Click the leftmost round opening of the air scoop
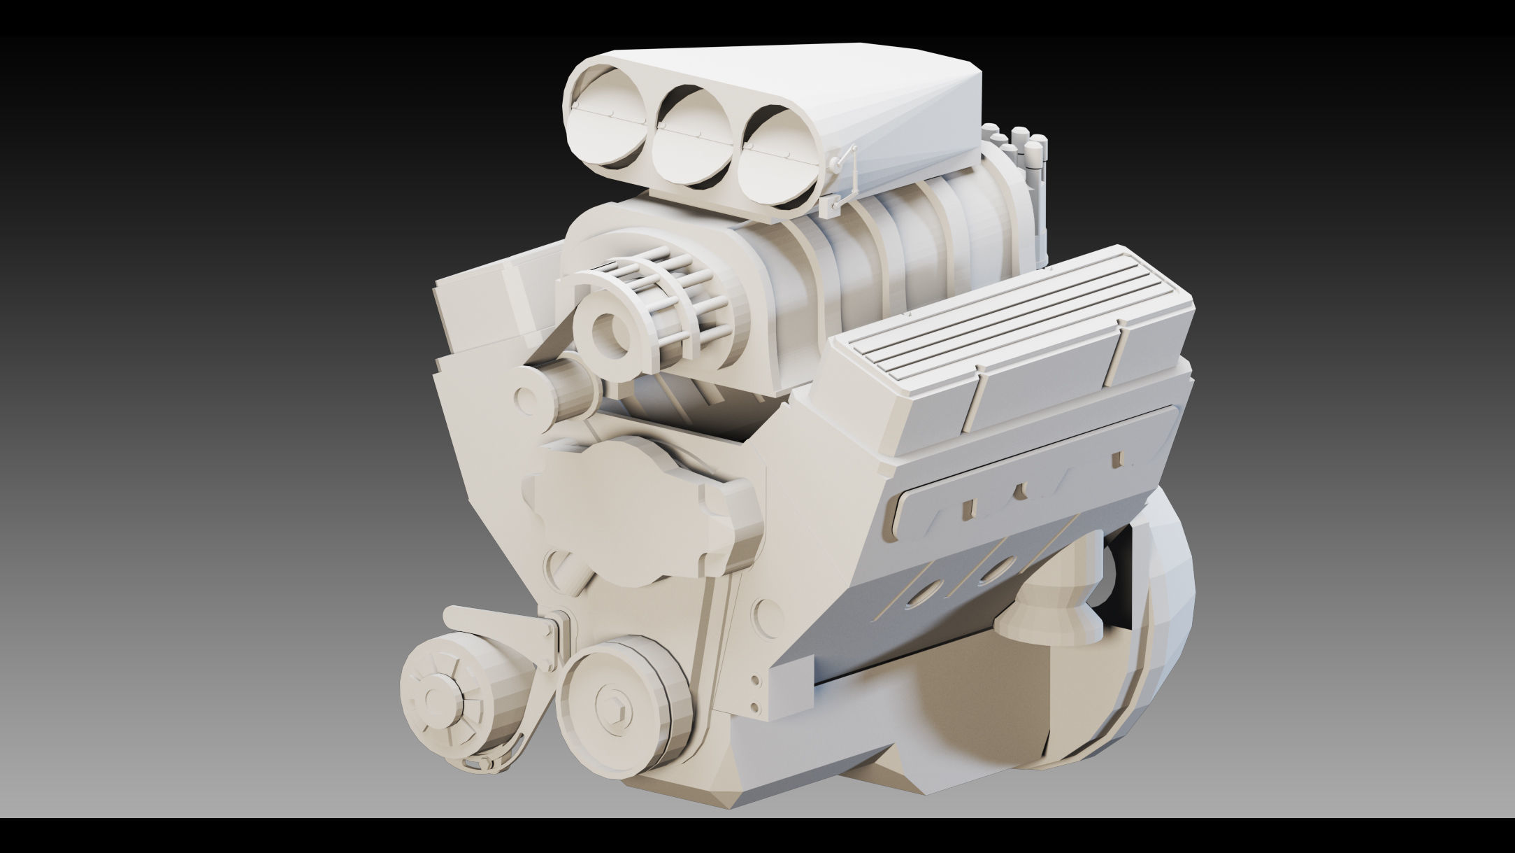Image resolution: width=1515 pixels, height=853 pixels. click(608, 127)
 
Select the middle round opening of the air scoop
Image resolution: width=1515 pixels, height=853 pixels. click(692, 143)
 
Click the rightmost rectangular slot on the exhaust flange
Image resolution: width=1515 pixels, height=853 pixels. click(1116, 459)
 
